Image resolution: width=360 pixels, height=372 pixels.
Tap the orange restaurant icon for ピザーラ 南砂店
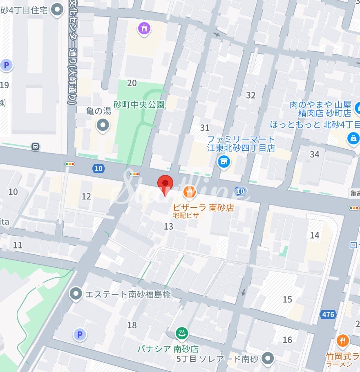click(188, 191)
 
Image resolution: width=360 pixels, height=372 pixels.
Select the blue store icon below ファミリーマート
click(224, 162)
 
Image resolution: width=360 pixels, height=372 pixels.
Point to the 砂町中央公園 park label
click(139, 105)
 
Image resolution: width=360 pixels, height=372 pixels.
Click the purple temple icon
click(144, 29)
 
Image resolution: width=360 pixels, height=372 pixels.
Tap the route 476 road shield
click(328, 314)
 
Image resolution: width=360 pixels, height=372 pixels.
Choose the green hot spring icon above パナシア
click(181, 333)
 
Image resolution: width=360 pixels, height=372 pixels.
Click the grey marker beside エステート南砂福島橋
click(76, 294)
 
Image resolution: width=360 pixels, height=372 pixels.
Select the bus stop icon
click(36, 146)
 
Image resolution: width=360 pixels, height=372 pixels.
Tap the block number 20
click(132, 83)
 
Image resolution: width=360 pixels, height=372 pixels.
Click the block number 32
click(250, 95)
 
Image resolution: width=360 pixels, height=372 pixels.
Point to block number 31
click(205, 128)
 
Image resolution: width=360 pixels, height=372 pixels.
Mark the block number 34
click(314, 154)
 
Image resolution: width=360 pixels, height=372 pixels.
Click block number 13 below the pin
click(168, 226)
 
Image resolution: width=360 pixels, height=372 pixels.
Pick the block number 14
click(314, 235)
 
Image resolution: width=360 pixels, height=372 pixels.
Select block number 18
click(132, 325)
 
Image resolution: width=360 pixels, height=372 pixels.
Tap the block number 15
click(287, 299)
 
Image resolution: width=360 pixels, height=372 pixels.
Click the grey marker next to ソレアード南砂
click(268, 358)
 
